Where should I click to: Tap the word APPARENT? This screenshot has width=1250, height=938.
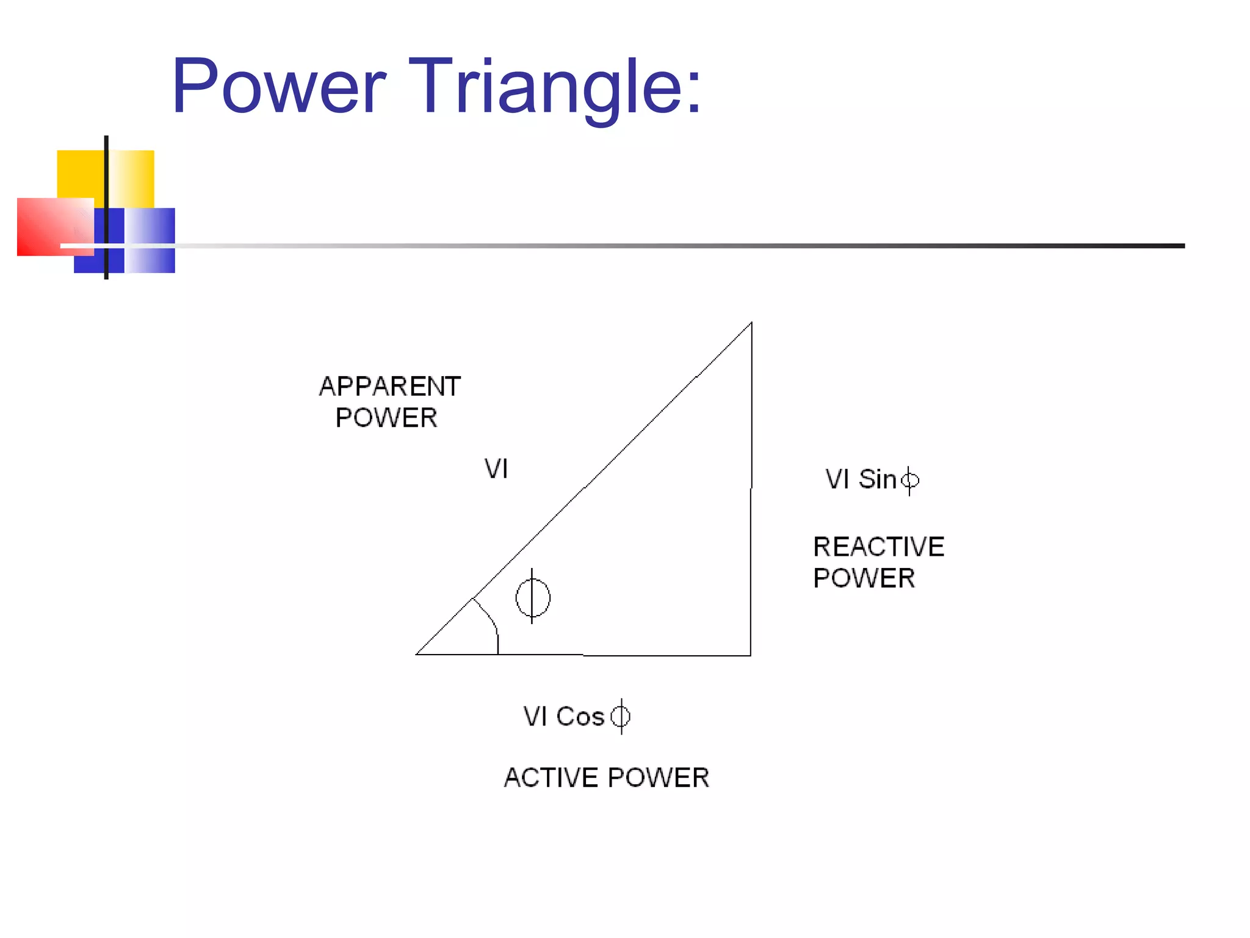[389, 387]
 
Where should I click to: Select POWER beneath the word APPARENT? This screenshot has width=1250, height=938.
[386, 418]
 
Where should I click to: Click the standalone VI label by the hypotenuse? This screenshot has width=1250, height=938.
[496, 469]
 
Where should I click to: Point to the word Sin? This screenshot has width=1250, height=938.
[877, 479]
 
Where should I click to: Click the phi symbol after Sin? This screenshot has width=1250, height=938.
[909, 481]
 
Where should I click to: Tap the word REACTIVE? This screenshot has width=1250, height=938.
[878, 547]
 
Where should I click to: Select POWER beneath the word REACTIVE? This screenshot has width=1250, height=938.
[864, 578]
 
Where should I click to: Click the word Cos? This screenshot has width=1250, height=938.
[580, 716]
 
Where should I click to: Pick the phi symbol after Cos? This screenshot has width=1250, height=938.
[621, 716]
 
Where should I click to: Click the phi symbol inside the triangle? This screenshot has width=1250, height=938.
[532, 597]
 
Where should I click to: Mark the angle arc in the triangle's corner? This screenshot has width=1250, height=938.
[491, 620]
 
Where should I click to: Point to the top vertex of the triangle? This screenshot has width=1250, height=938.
[751, 323]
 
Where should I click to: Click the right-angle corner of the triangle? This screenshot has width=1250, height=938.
[750, 655]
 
